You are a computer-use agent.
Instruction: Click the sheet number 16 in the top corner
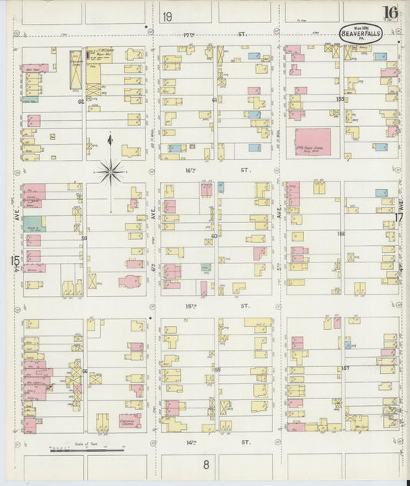point(390,12)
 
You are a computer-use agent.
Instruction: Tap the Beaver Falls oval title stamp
point(361,33)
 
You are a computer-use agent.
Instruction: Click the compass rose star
point(112,171)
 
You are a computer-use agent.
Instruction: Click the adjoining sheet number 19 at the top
point(168,16)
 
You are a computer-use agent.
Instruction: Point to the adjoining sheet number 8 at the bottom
point(206,464)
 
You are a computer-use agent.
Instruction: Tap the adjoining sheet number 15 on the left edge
point(15,261)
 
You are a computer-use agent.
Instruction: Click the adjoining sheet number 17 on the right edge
point(399,218)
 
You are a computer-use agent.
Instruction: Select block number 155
point(341,99)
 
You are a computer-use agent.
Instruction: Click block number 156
point(341,234)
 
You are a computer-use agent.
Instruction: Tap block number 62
point(79,101)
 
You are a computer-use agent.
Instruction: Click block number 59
point(84,238)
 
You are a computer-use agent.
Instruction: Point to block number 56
point(84,371)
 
